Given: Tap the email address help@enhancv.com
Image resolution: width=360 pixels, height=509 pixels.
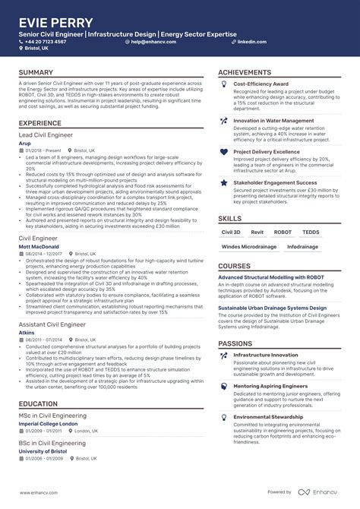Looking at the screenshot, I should (155, 42).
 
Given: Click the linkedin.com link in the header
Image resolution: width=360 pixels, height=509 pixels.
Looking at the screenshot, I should (251, 42).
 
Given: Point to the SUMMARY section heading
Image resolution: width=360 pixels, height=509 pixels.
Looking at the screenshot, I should (36, 73).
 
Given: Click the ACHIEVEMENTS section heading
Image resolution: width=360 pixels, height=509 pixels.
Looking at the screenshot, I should (245, 73).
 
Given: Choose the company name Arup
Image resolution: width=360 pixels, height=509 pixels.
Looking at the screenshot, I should (24, 142).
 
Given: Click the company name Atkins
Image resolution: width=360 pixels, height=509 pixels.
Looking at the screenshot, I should (27, 332).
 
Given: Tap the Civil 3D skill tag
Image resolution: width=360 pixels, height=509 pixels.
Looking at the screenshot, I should (231, 232).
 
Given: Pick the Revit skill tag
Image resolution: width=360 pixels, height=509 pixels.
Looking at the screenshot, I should (257, 232).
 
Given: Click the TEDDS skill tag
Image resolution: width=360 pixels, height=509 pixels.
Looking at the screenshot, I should (311, 232).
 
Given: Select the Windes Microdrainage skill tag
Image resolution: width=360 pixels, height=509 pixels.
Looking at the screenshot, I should (248, 246).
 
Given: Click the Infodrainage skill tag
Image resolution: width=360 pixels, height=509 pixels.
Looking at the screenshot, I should (302, 246).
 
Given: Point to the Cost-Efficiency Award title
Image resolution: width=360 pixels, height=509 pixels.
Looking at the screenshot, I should (261, 84).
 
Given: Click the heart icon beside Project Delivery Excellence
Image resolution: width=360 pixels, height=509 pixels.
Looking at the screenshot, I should (223, 152).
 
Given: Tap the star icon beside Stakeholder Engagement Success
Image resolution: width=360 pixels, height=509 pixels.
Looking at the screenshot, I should (223, 183).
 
